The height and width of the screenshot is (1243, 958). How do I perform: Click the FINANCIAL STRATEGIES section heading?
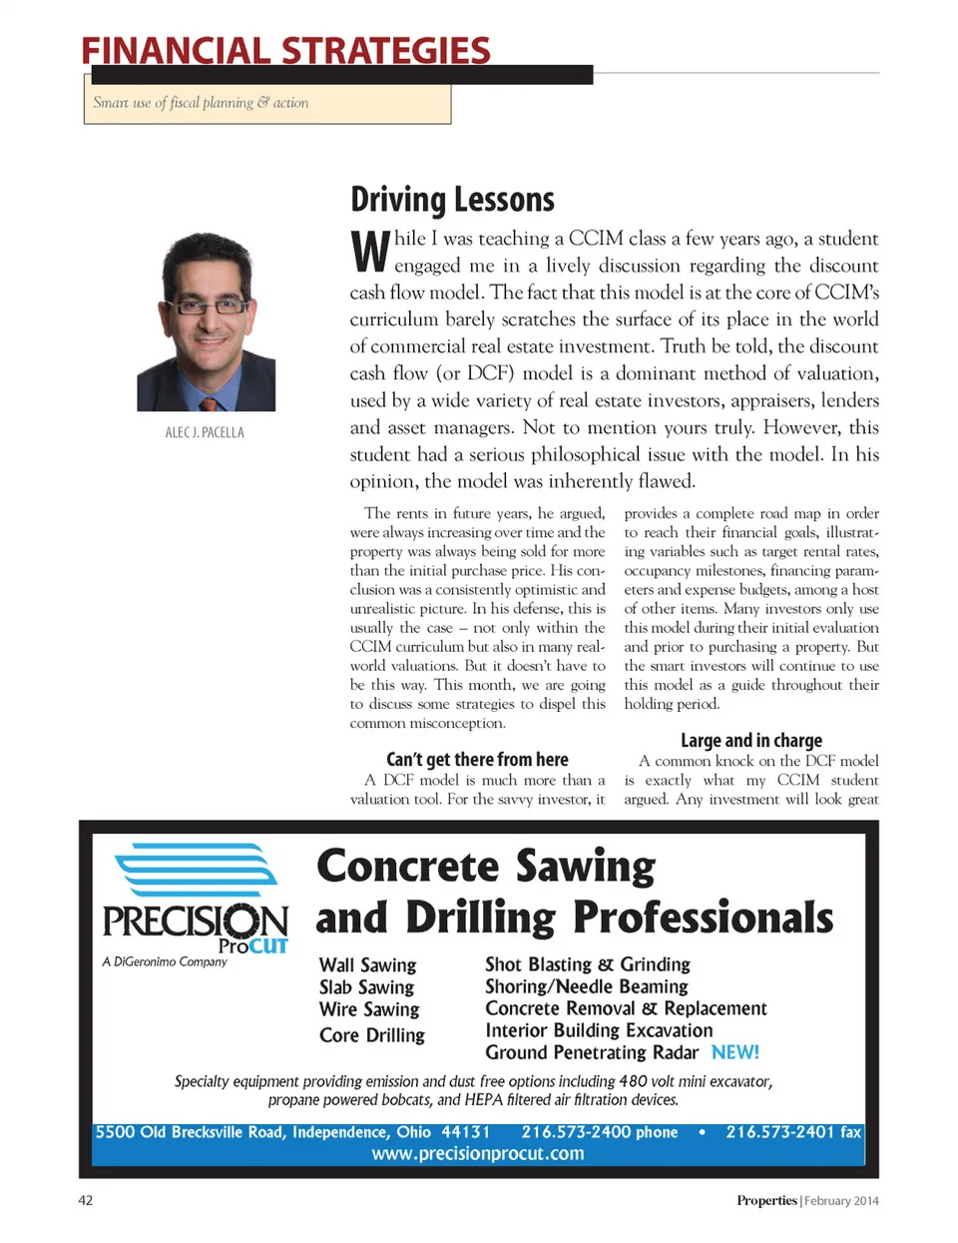click(285, 50)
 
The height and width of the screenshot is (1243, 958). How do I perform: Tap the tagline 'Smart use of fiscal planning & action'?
click(201, 103)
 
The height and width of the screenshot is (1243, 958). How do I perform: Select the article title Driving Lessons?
click(452, 200)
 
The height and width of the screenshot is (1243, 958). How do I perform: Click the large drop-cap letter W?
click(369, 252)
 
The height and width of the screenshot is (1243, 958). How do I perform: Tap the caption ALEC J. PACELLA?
click(205, 432)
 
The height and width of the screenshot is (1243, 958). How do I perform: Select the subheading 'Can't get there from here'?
click(477, 760)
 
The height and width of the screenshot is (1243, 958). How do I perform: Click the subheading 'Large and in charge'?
click(751, 741)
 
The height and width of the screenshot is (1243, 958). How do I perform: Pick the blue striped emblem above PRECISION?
click(197, 870)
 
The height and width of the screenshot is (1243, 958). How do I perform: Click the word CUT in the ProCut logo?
click(268, 945)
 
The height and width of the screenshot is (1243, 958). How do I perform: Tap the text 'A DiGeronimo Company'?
click(165, 962)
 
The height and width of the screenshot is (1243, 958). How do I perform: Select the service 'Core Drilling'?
click(372, 1035)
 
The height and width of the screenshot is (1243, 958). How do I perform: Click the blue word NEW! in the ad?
click(735, 1052)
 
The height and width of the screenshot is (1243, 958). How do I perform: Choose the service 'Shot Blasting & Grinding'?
click(588, 964)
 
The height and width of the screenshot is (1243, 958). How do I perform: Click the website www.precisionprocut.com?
click(478, 1154)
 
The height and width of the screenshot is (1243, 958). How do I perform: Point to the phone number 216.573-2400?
click(577, 1132)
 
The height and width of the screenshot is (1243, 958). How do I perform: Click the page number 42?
click(86, 1200)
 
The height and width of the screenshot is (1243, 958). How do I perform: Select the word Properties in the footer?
click(766, 1200)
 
